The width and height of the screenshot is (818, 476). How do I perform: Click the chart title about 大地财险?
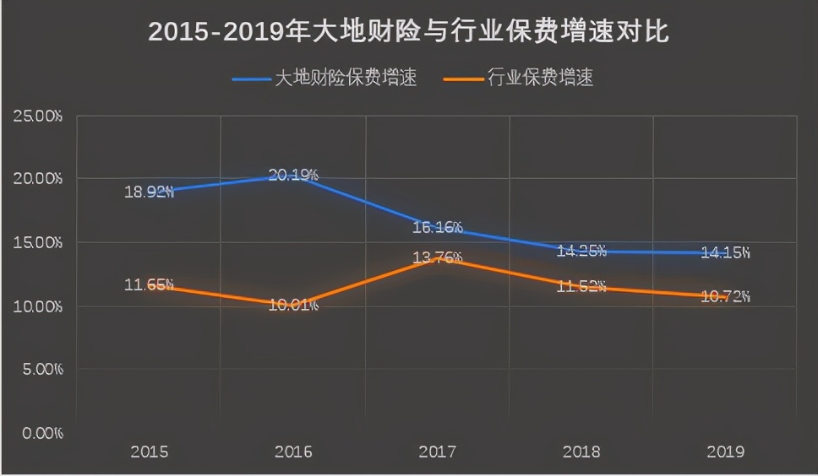409,32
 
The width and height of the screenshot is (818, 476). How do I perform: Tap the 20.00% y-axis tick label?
38,179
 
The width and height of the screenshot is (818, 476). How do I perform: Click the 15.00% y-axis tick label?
38,243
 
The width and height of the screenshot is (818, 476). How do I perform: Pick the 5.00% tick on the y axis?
41,370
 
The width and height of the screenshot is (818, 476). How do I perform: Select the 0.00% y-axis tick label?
41,433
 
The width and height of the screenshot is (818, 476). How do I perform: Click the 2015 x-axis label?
149,452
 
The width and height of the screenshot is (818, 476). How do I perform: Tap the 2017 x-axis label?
437,452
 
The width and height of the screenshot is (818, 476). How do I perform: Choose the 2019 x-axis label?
725,452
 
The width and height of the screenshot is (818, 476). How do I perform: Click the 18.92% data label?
149,192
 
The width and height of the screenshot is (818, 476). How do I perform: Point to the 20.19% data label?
293,176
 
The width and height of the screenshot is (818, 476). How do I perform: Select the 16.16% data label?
437,227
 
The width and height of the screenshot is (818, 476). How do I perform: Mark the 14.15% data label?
725,252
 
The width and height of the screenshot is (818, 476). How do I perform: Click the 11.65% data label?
149,284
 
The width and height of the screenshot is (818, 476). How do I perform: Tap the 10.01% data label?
293,305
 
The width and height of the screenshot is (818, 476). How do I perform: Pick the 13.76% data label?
437,257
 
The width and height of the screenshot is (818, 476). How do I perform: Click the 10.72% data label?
725,296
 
